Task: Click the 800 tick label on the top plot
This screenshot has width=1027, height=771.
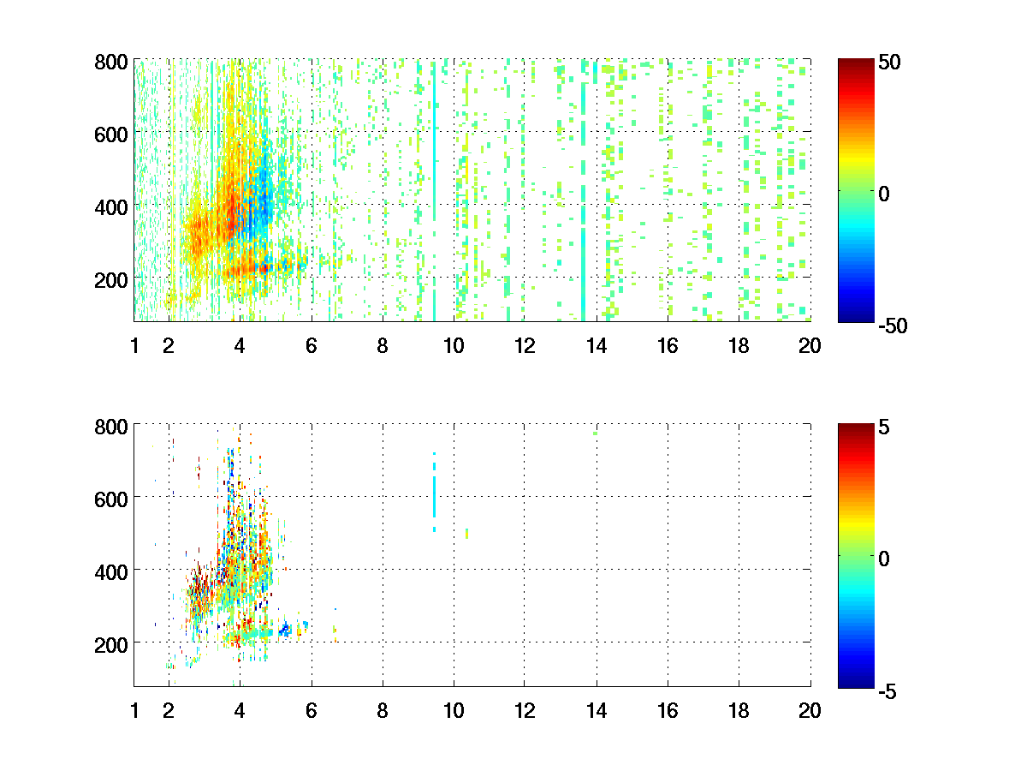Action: tap(111, 62)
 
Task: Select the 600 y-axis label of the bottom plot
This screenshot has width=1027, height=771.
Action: tap(111, 498)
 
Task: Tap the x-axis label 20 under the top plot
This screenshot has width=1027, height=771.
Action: tap(810, 346)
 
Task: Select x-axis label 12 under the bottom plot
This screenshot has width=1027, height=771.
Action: tap(525, 710)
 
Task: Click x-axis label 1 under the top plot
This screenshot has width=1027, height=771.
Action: tap(134, 346)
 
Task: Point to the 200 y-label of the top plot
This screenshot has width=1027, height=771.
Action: tap(111, 279)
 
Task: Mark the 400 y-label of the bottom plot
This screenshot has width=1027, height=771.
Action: tap(111, 571)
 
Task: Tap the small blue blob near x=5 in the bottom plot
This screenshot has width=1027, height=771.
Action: tap(285, 631)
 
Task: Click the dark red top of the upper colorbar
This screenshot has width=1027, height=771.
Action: tap(855, 64)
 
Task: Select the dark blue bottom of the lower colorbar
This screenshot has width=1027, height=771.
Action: tap(855, 682)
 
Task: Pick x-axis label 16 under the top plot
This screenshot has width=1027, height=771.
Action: tap(668, 346)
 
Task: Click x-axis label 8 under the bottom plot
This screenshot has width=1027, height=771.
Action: tap(383, 710)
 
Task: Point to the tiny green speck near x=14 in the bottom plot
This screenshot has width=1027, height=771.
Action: tap(595, 433)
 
